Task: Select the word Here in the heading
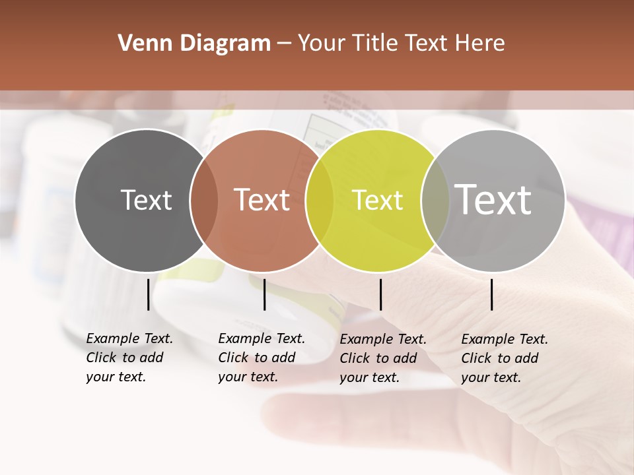click(x=480, y=44)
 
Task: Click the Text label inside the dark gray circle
click(x=146, y=200)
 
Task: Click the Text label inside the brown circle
click(x=262, y=200)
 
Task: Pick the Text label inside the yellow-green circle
click(x=377, y=200)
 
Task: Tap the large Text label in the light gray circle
click(x=493, y=199)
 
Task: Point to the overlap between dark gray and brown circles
click(x=204, y=201)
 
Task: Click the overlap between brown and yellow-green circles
click(x=320, y=201)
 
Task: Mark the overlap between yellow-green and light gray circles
click(x=435, y=201)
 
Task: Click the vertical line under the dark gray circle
click(x=148, y=294)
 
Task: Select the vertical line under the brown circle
click(x=264, y=294)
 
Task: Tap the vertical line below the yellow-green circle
click(x=380, y=294)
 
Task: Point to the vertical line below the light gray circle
click(x=492, y=294)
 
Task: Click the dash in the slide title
click(x=284, y=44)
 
